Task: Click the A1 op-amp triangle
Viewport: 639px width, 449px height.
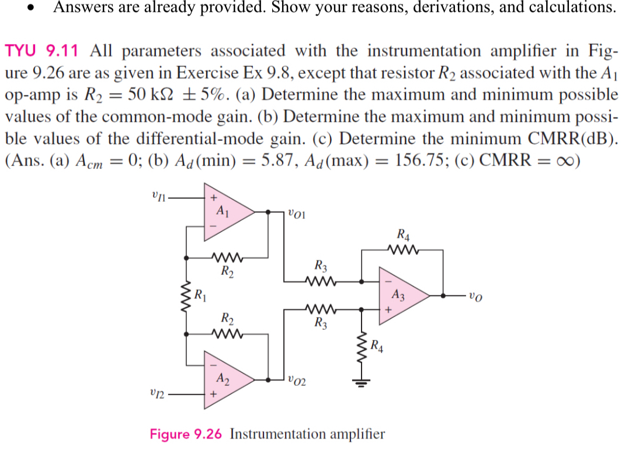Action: tap(225, 212)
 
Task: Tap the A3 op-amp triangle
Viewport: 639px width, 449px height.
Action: tap(400, 296)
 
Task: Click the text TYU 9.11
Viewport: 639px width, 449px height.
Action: tap(41, 51)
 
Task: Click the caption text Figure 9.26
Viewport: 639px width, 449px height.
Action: tap(187, 434)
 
